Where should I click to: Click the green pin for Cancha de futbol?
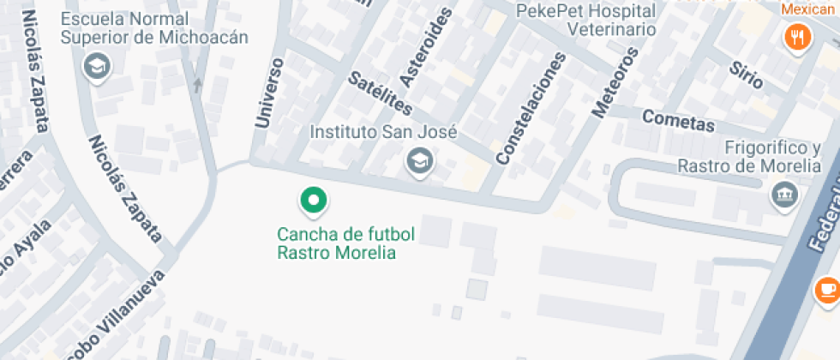click(314, 201)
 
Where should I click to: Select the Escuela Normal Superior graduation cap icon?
click(94, 65)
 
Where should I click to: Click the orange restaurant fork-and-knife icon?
click(799, 36)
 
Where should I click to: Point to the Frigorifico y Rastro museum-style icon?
click(784, 194)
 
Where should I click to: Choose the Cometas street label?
click(678, 122)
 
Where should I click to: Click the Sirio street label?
click(746, 75)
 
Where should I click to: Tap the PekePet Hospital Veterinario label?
click(586, 20)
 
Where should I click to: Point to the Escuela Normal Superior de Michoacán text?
click(154, 27)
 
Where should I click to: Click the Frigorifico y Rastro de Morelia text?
click(749, 157)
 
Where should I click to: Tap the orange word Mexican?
click(807, 9)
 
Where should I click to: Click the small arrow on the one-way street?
click(198, 84)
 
